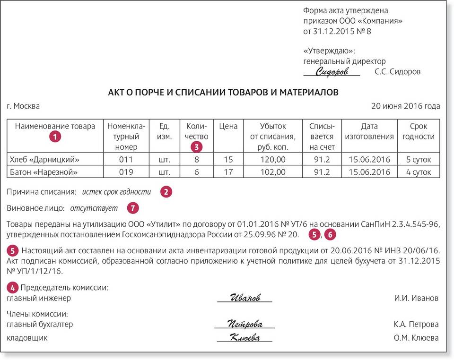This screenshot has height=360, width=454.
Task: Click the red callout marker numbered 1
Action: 56,137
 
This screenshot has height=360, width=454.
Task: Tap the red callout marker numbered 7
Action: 133,208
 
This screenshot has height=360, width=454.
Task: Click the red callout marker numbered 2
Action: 166,192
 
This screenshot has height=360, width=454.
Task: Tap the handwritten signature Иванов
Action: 244,298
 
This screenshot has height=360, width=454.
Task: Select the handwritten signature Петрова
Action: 244,324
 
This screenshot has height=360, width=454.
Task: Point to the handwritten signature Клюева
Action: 244,338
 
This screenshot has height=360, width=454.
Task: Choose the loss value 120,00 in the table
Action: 273,159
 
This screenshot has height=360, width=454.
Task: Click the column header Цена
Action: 228,126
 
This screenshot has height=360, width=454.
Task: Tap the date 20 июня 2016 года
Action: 405,106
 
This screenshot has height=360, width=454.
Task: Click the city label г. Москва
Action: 23,106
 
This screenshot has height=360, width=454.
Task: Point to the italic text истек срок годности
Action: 116,192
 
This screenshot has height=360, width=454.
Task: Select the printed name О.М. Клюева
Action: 416,338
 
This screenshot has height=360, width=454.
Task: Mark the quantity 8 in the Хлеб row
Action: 197,159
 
